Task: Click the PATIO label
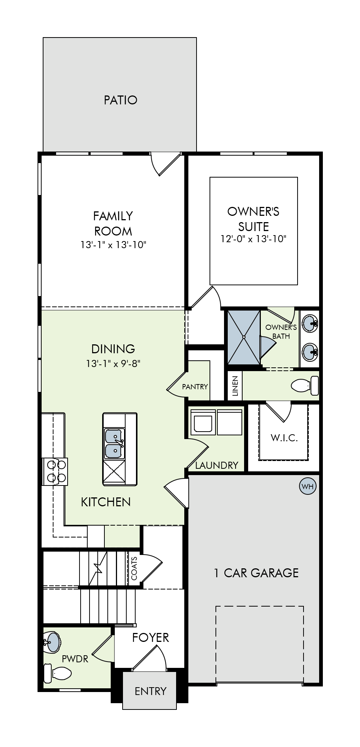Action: tap(120, 100)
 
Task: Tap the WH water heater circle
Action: tap(308, 486)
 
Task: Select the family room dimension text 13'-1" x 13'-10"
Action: tap(113, 245)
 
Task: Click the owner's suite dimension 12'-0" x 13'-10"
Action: tap(253, 239)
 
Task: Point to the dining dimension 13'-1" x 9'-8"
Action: tap(113, 363)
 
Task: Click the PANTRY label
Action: tap(195, 387)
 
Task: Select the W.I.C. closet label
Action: tap(284, 438)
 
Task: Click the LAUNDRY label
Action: tap(217, 465)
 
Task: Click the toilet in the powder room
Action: tap(58, 673)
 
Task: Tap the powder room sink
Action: tap(52, 642)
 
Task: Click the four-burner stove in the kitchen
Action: tap(56, 471)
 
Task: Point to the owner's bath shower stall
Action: tap(244, 337)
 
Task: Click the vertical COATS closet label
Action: tap(134, 568)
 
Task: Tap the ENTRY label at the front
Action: tap(150, 691)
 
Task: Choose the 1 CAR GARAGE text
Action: tap(256, 573)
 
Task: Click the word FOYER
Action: tap(150, 637)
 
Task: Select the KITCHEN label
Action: tap(106, 502)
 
